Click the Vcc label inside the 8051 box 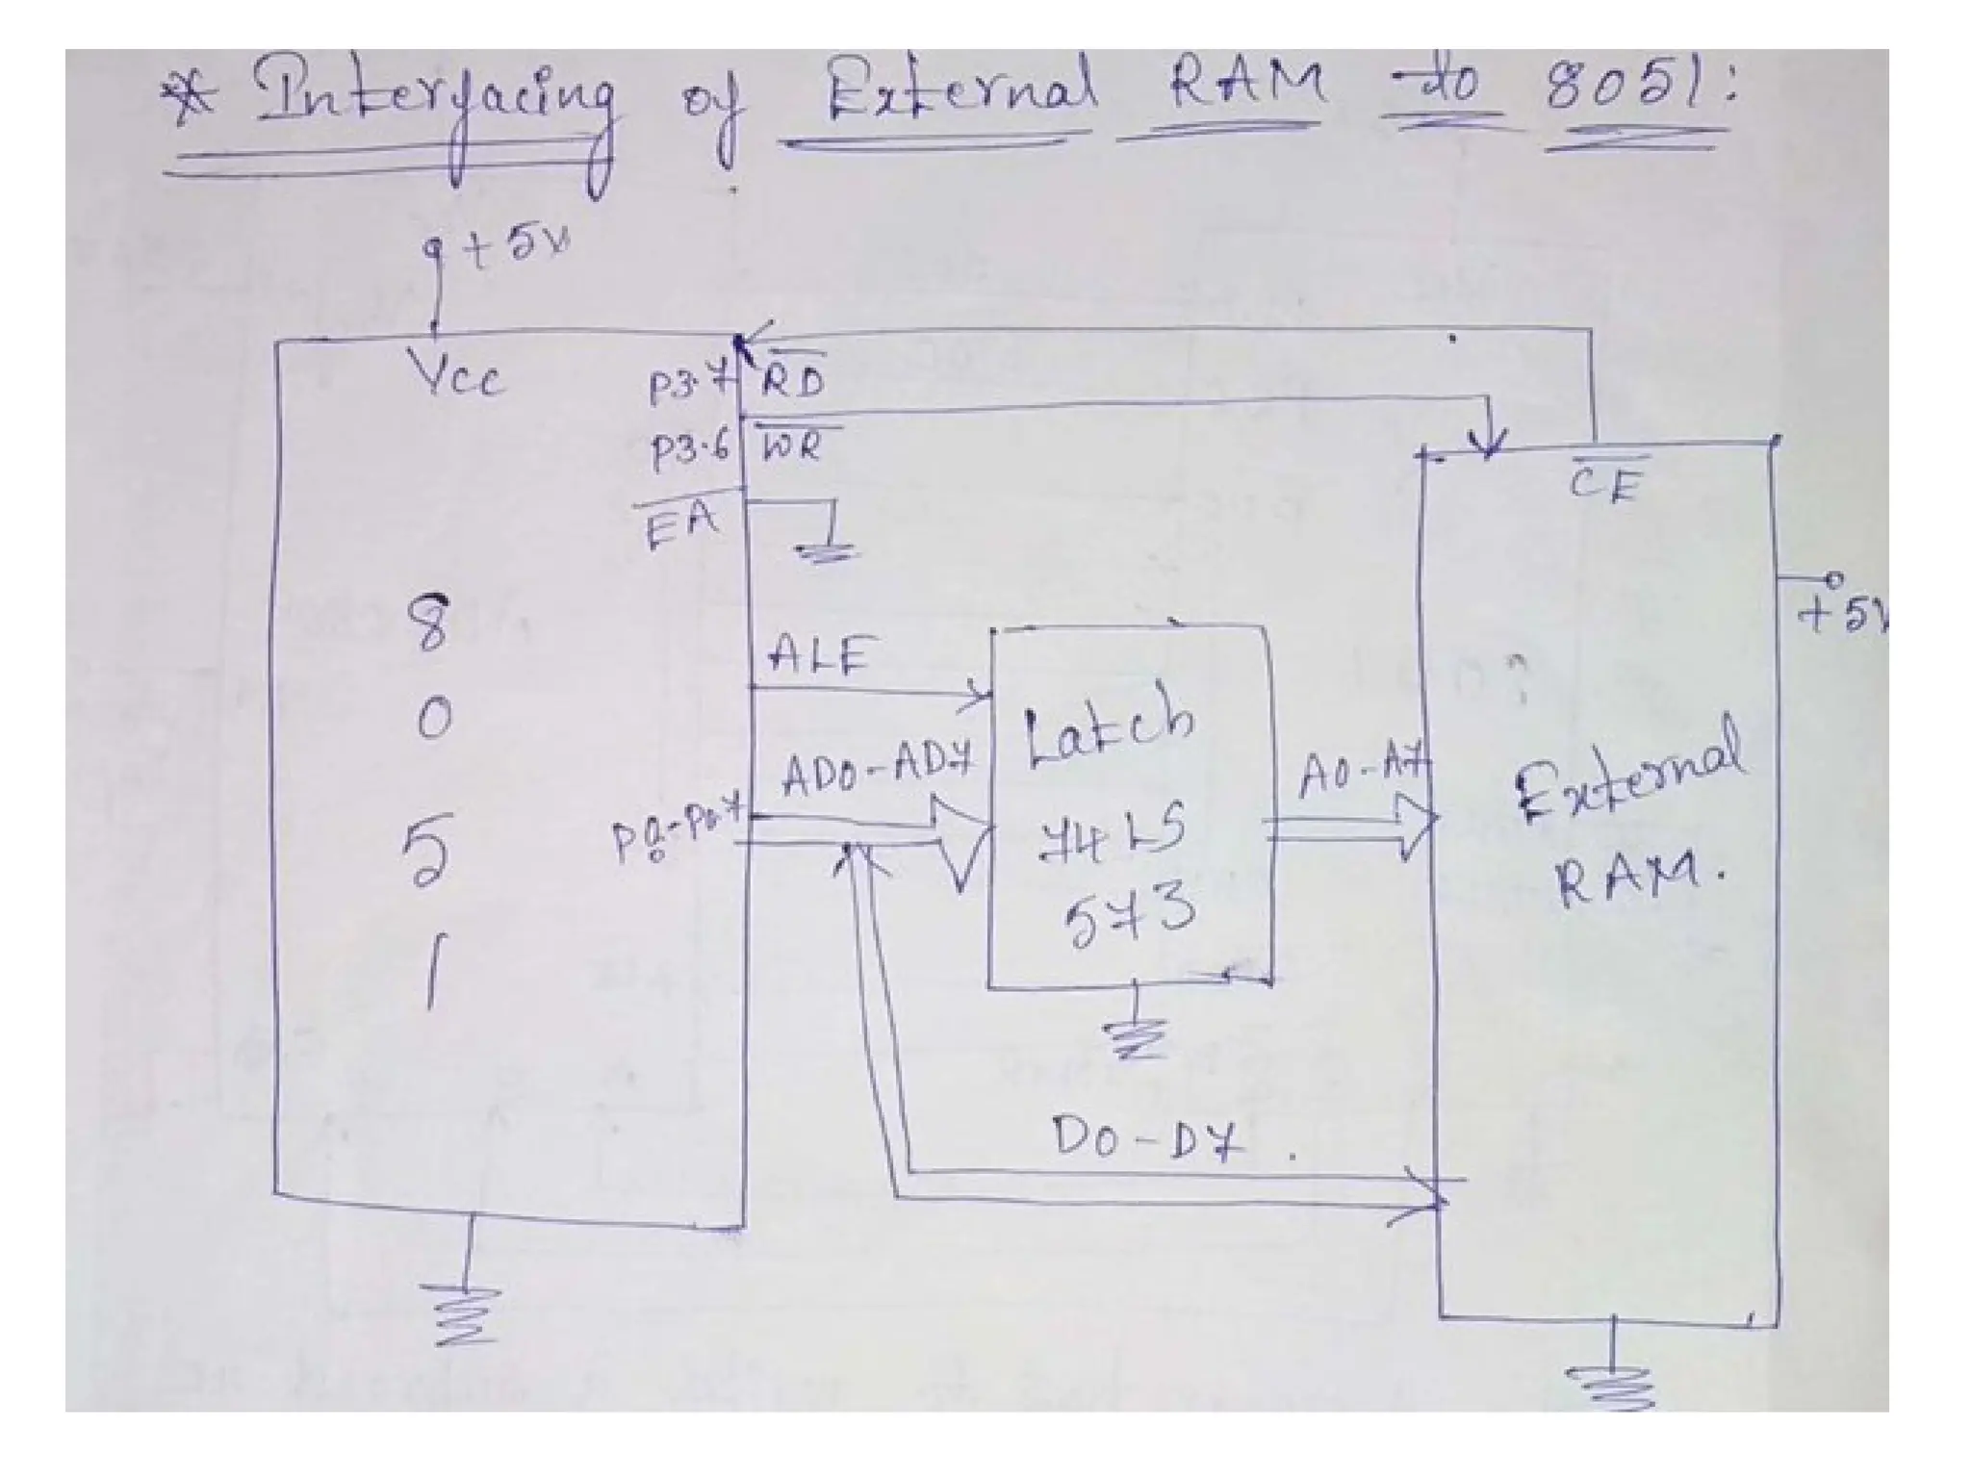pyautogui.click(x=458, y=372)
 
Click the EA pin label pyautogui.click(x=681, y=524)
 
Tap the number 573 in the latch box pyautogui.click(x=1128, y=911)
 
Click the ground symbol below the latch pyautogui.click(x=1136, y=1036)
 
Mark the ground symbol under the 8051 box pyautogui.click(x=466, y=1313)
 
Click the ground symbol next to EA pyautogui.click(x=826, y=548)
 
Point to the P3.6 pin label pyautogui.click(x=689, y=450)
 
